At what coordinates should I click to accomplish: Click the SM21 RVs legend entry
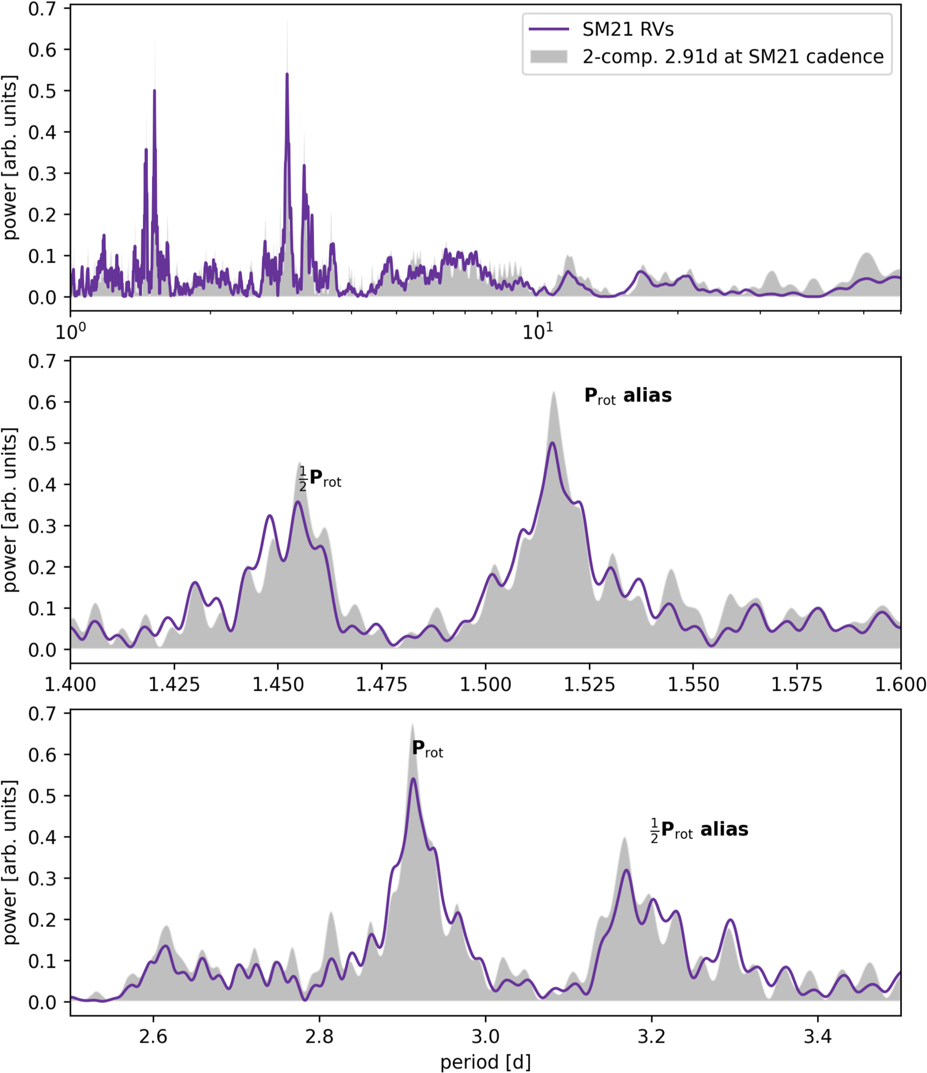[628, 30]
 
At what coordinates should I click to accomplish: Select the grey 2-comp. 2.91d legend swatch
[549, 57]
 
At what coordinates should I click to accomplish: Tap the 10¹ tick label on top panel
[537, 332]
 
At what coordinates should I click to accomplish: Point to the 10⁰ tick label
[70, 332]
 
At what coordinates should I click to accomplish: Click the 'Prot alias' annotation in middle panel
[628, 396]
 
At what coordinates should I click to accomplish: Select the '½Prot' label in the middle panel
[320, 479]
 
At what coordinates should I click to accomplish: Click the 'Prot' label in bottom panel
[427, 749]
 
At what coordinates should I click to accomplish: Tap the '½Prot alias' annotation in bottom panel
[699, 830]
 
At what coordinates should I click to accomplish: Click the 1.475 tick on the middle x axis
[381, 684]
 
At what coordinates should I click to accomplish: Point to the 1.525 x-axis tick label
[589, 684]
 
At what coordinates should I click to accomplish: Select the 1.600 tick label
[900, 684]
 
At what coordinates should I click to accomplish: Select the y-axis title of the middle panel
[10, 510]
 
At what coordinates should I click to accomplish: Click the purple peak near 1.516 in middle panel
[552, 443]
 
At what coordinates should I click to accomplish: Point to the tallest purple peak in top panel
[287, 74]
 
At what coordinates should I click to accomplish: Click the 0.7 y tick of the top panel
[42, 9]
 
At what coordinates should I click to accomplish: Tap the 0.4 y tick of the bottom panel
[42, 837]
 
